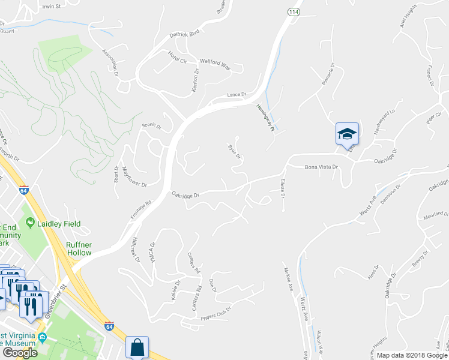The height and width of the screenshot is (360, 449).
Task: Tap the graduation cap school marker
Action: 346,134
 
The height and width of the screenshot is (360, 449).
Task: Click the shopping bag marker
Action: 137,347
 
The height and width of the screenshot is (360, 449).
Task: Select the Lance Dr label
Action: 237,95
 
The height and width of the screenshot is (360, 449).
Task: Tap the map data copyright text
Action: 411,355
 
